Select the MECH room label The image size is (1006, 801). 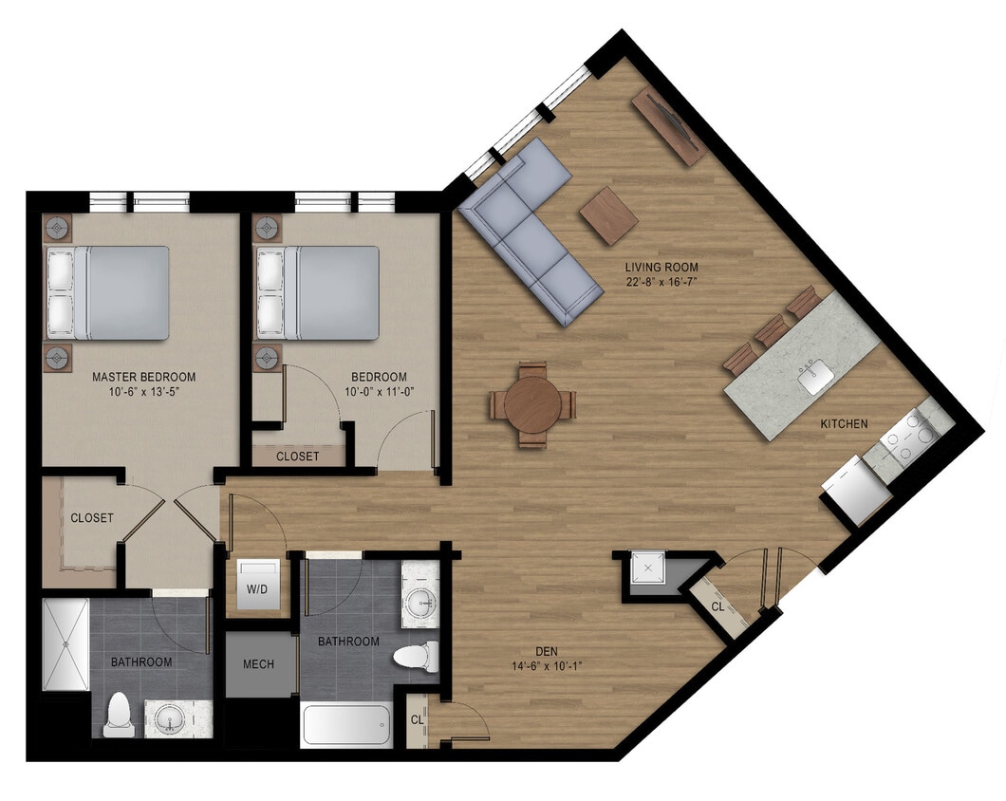pos(258,663)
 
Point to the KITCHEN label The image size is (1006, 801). pos(844,423)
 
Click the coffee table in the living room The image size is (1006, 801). pos(608,214)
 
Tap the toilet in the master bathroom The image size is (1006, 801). pos(119,716)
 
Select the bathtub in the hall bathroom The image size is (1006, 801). pos(346,726)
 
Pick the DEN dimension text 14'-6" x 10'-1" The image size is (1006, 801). pos(546,665)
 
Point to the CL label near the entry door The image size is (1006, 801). pos(718,605)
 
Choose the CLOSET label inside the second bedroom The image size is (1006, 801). pos(298,456)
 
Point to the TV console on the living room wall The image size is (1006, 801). pos(668,125)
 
